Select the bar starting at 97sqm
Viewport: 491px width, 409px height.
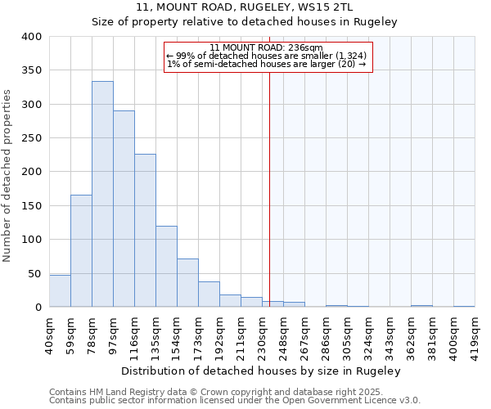[124, 209]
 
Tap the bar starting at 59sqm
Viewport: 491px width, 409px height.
[81, 250]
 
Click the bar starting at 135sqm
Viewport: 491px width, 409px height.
[166, 267]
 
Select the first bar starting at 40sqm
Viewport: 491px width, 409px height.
[60, 291]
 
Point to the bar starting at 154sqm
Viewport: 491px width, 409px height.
[187, 283]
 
